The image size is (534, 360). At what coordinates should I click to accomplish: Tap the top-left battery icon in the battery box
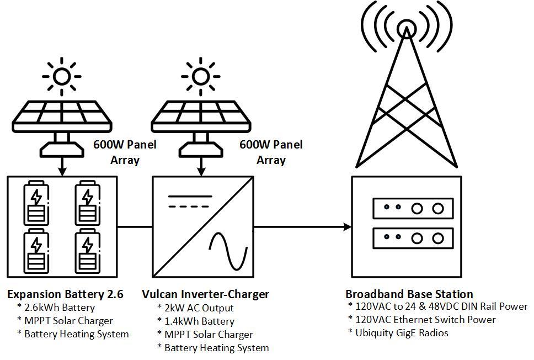[36, 202]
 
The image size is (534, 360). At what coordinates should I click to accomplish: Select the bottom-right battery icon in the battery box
[87, 251]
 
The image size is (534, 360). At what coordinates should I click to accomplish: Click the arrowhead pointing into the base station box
[347, 226]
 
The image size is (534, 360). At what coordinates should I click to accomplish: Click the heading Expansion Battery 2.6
[65, 294]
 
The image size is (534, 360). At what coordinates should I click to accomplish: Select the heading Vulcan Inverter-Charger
[205, 294]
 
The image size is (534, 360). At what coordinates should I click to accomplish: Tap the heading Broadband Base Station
[409, 294]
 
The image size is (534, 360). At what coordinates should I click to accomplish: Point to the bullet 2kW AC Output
[199, 308]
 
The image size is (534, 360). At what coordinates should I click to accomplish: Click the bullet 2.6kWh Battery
[59, 308]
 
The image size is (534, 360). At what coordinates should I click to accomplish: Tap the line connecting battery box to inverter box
[134, 226]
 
